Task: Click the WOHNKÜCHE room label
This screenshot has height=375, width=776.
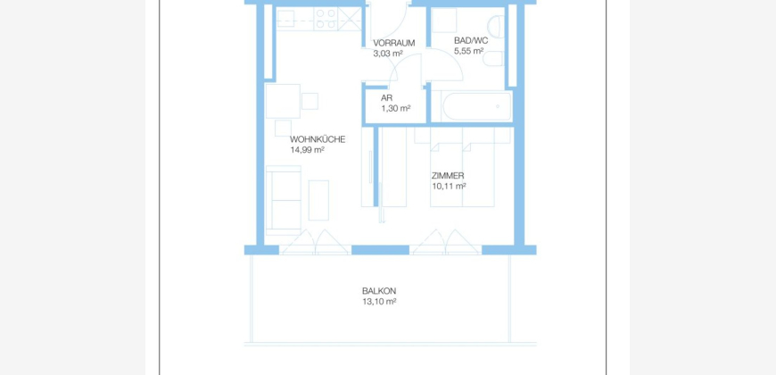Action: click(x=318, y=139)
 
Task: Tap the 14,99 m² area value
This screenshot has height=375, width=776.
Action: click(x=307, y=150)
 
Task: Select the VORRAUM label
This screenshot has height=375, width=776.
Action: click(x=394, y=43)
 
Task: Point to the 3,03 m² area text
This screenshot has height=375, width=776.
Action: click(x=387, y=53)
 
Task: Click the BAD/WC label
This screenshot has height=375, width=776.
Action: click(x=471, y=40)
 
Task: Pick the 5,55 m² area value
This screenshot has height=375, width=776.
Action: click(x=468, y=51)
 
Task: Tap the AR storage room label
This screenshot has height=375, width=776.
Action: click(x=386, y=98)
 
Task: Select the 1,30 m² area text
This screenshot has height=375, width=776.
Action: click(x=395, y=108)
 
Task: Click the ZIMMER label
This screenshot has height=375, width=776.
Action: click(x=448, y=176)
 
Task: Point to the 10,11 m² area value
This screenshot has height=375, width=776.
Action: click(x=449, y=187)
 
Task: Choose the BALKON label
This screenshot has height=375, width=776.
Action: click(x=379, y=291)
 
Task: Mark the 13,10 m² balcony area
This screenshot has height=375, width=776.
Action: click(x=379, y=302)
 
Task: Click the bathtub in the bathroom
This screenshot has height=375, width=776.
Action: click(x=472, y=106)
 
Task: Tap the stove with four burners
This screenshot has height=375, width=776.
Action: click(x=326, y=19)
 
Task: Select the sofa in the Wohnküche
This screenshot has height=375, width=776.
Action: click(x=284, y=200)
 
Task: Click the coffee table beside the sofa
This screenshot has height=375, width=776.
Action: click(x=318, y=200)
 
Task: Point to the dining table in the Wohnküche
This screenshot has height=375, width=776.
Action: click(x=283, y=101)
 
